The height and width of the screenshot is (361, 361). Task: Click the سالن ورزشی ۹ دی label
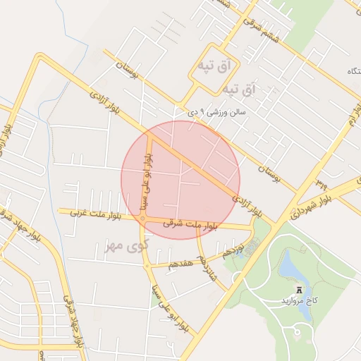click(217, 112)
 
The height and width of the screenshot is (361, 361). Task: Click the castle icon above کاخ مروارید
click(300, 288)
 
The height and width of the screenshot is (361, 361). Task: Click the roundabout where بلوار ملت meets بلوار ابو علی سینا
click(142, 219)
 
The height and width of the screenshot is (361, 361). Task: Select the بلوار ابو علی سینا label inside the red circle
click(147, 180)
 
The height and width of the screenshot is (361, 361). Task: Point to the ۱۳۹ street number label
click(322, 183)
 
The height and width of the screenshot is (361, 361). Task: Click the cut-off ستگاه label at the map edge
click(350, 72)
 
